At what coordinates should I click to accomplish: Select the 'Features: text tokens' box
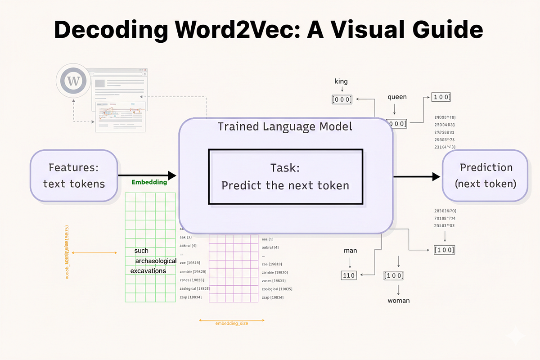pyautogui.click(x=74, y=175)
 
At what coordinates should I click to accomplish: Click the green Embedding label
pyautogui.click(x=149, y=182)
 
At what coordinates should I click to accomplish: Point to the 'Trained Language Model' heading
pyautogui.click(x=285, y=126)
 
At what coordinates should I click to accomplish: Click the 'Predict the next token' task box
pyautogui.click(x=285, y=176)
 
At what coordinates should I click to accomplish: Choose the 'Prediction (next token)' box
pyautogui.click(x=485, y=175)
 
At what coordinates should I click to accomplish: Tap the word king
pyautogui.click(x=341, y=81)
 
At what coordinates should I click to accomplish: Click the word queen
pyautogui.click(x=397, y=97)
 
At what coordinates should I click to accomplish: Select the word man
pyautogui.click(x=350, y=250)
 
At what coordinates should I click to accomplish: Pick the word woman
pyautogui.click(x=399, y=300)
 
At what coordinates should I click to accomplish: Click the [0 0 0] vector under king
pyautogui.click(x=342, y=99)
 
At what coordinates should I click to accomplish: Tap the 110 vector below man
pyautogui.click(x=349, y=275)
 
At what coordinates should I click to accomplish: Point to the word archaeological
pyautogui.click(x=156, y=261)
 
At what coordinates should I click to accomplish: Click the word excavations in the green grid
pyautogui.click(x=148, y=271)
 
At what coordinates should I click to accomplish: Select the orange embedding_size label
pyautogui.click(x=232, y=323)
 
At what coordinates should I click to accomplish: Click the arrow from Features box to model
pyautogui.click(x=147, y=175)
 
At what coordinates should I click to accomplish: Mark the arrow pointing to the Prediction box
pyautogui.click(x=417, y=176)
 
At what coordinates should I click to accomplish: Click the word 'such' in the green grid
pyautogui.click(x=141, y=251)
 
